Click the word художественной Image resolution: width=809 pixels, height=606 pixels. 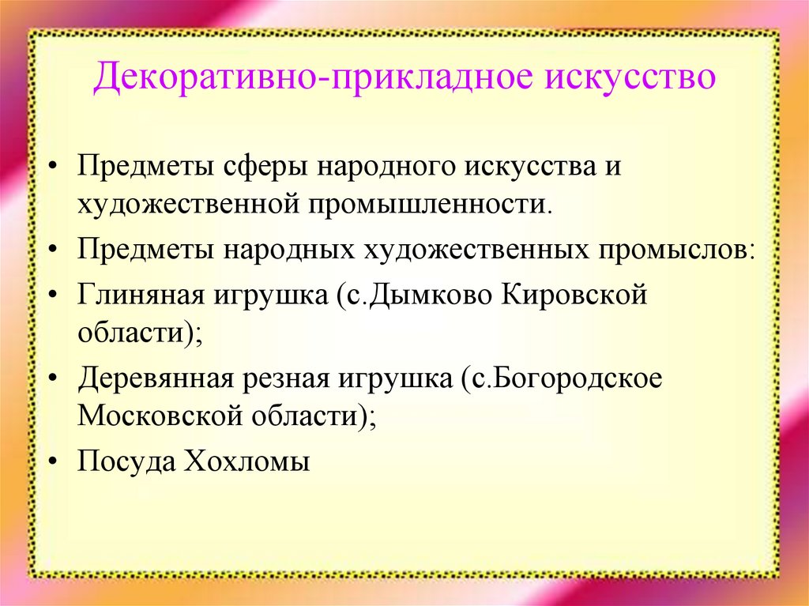186,203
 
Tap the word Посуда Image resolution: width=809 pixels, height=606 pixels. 125,461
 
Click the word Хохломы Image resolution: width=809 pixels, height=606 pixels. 246,461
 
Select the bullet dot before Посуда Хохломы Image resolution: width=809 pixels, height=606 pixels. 53,461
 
